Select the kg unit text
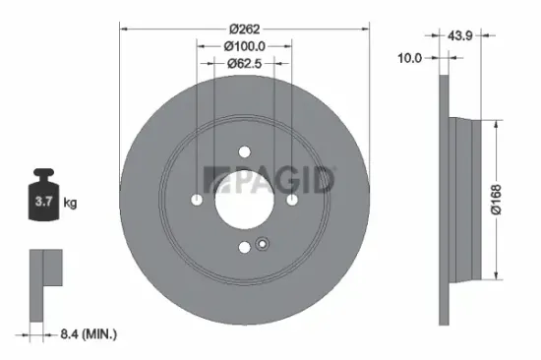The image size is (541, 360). (70, 204)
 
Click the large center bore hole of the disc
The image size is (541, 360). (245, 199)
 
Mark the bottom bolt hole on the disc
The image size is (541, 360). (245, 247)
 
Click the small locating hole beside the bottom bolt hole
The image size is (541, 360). (261, 244)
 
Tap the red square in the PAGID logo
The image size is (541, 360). (210, 179)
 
